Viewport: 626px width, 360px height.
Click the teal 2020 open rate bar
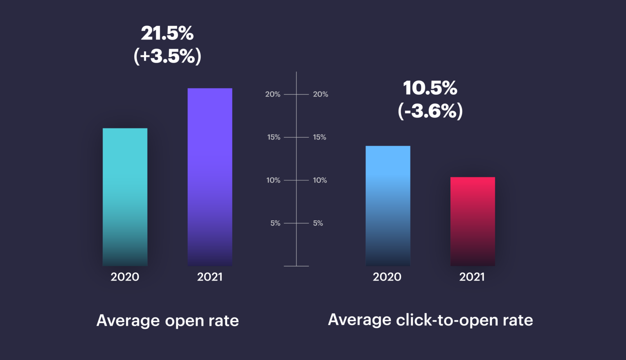125,197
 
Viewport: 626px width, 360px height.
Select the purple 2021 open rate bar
210,177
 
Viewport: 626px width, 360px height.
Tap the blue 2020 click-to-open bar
388,206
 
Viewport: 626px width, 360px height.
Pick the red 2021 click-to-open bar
473,221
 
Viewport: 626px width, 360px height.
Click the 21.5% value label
167,33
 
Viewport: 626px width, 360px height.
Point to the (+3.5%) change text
167,56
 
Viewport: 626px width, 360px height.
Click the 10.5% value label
430,88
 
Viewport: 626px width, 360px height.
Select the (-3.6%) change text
430,111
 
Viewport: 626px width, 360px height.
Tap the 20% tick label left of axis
273,94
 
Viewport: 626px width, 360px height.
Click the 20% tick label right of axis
320,94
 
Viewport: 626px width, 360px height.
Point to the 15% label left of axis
274,137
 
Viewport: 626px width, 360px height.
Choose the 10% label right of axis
320,180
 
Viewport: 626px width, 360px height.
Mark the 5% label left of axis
275,223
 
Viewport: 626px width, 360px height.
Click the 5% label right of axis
318,223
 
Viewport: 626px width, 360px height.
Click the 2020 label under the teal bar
125,277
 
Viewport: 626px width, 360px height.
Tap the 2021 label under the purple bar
210,277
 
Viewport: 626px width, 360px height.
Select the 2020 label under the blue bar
387,277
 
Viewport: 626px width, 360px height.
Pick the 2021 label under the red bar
472,277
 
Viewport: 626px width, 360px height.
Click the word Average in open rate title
128,321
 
